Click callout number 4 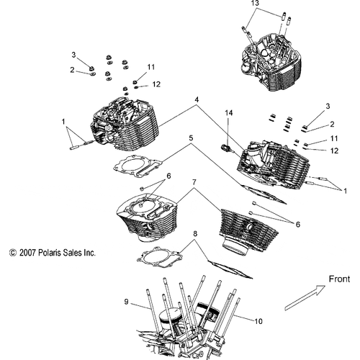point(195,100)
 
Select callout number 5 point(191,138)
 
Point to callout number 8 point(194,235)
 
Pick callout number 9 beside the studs point(127,302)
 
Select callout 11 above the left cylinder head point(151,67)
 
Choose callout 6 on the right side point(298,224)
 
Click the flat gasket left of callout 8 point(157,256)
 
